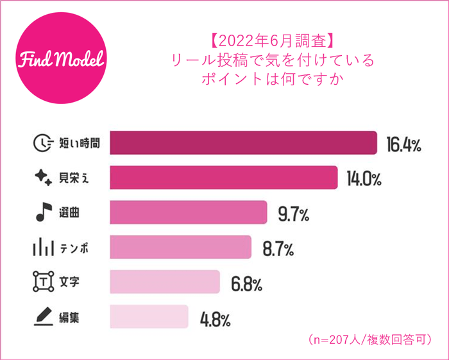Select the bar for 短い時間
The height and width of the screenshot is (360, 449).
click(242, 143)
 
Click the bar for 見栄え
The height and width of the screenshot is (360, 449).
click(223, 178)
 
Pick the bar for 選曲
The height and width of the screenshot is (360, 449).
click(188, 212)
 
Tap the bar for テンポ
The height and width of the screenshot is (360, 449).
click(180, 247)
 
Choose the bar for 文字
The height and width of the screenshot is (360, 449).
click(165, 282)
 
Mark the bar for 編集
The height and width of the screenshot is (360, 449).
click(149, 316)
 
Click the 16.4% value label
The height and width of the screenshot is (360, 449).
click(403, 144)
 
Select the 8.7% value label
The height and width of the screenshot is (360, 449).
click(278, 248)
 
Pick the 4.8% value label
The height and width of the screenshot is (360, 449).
click(215, 318)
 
